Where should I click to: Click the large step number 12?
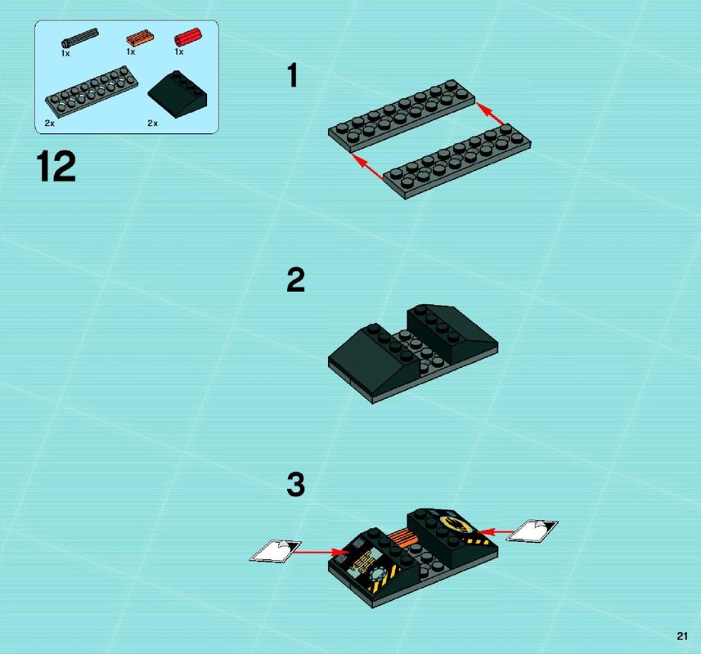click(x=56, y=166)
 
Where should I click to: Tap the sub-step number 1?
click(x=293, y=75)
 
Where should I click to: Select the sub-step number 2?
click(x=295, y=280)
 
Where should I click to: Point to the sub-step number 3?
click(x=295, y=484)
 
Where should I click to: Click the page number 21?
click(x=681, y=636)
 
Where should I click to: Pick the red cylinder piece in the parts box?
click(x=188, y=37)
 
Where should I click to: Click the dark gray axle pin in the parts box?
click(x=80, y=38)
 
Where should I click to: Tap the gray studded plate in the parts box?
click(x=92, y=91)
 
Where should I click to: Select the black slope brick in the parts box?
click(x=177, y=94)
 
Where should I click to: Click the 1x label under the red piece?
click(x=179, y=52)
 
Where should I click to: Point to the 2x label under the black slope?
click(x=152, y=123)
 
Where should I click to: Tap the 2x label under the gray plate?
click(x=49, y=123)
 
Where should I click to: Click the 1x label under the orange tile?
click(x=131, y=52)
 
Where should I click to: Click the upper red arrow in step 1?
click(x=490, y=114)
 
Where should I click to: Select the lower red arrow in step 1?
click(x=367, y=167)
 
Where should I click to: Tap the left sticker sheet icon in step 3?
click(x=276, y=550)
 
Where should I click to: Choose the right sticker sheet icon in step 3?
click(x=532, y=531)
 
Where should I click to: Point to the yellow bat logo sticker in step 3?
click(x=456, y=523)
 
